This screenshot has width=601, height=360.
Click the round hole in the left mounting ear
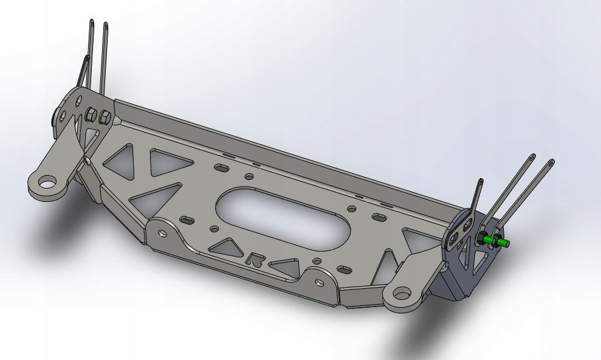click(x=46, y=182)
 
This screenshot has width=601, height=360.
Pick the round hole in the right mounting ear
click(x=402, y=293)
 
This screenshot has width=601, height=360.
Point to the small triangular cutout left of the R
click(x=226, y=247)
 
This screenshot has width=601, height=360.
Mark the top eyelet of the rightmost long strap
click(x=551, y=163)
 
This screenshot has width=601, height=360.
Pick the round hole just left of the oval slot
click(x=213, y=230)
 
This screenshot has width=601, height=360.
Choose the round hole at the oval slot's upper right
click(x=351, y=209)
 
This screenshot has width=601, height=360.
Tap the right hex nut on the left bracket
click(x=104, y=116)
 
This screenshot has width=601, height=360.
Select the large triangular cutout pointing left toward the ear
click(x=158, y=195)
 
